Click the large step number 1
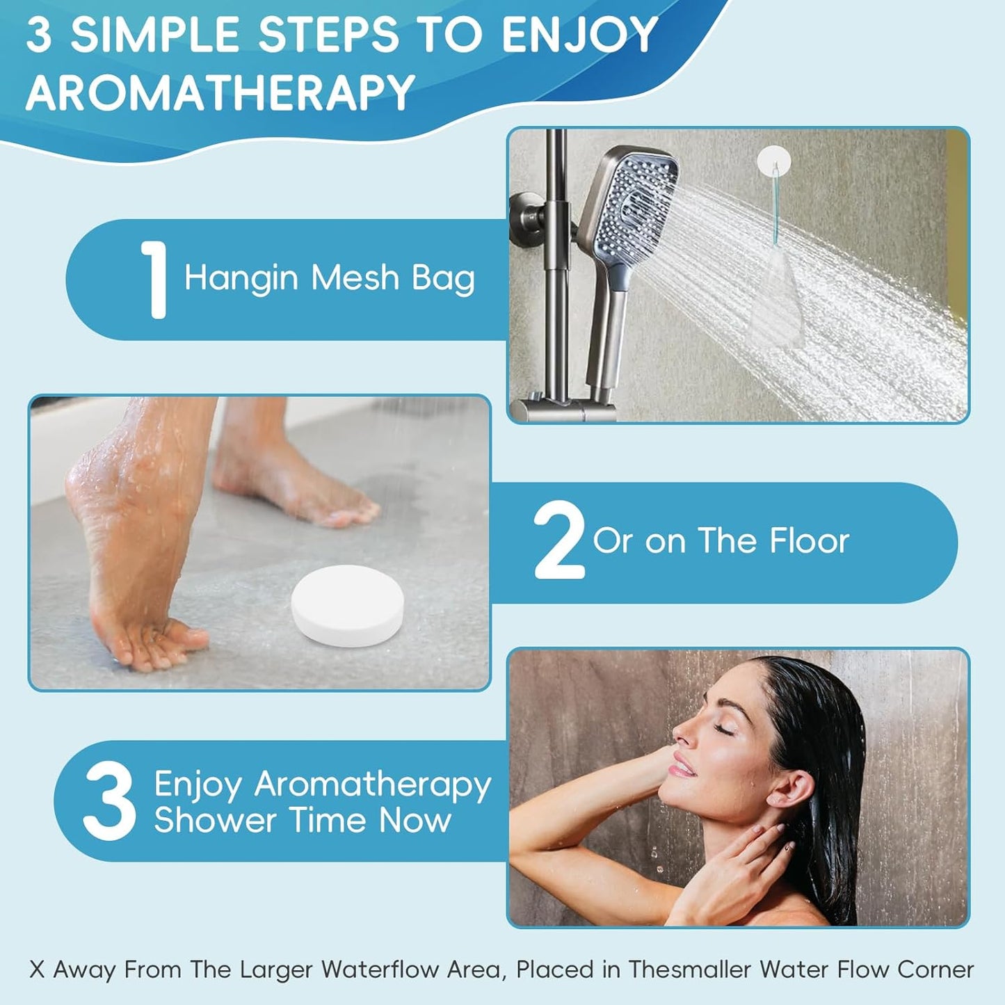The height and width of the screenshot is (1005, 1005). pos(154,280)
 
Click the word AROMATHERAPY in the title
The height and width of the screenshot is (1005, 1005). pos(220,93)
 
